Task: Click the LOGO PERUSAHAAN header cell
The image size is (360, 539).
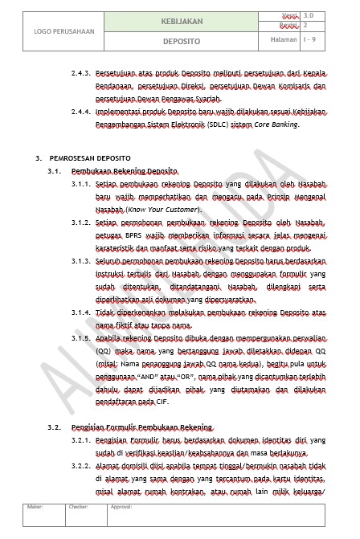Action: [x=64, y=31]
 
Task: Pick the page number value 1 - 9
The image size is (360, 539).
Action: [x=309, y=39]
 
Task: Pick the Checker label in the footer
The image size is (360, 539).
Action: [x=78, y=508]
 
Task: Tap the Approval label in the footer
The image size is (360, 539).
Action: [x=120, y=508]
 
